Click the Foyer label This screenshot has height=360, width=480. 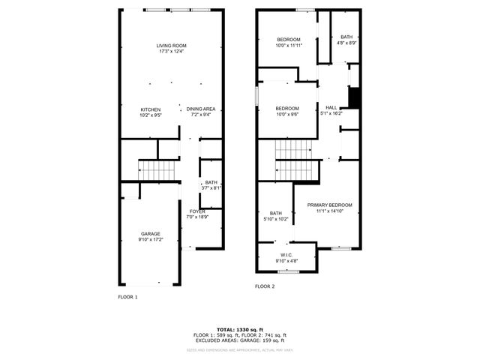(197, 211)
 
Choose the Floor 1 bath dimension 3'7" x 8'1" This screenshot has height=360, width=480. (211, 188)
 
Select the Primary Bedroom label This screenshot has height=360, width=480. (329, 205)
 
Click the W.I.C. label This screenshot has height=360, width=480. (286, 255)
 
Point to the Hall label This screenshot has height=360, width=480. (331, 107)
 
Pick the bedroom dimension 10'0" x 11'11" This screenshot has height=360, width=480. (289, 46)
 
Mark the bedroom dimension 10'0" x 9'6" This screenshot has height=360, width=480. (288, 114)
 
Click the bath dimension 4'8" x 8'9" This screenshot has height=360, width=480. (346, 43)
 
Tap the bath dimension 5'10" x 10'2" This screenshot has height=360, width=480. (276, 220)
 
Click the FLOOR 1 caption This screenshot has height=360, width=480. (128, 297)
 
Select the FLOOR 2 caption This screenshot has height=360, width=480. (265, 286)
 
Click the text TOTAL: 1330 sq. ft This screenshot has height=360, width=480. (240, 329)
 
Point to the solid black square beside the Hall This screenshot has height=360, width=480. (355, 98)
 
